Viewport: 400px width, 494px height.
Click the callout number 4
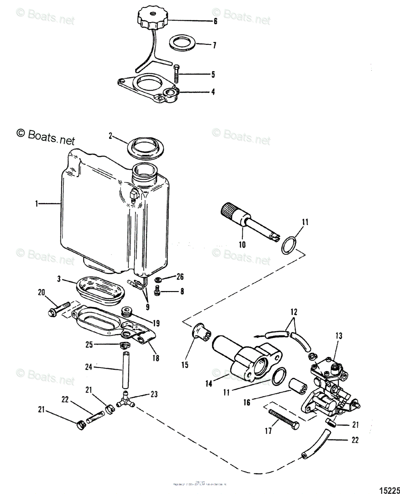(x=213, y=92)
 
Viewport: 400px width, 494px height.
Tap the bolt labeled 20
(x=60, y=306)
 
